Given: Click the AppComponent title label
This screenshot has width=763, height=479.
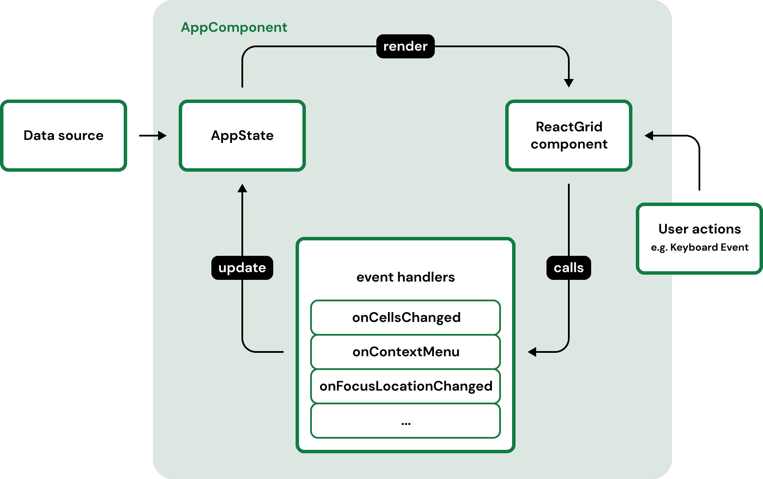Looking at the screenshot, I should coord(234,27).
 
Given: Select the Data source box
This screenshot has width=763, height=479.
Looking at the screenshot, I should coord(64,136).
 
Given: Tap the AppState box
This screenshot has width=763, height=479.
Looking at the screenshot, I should coord(242,136).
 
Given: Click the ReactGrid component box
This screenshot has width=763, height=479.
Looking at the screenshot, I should coord(568,136).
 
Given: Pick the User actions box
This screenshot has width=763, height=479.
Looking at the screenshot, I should coord(699,238).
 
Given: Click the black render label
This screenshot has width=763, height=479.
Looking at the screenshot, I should coord(405,46).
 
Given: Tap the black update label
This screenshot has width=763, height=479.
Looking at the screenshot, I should coord(242,268).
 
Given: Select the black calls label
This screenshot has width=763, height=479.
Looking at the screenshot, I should coord(568,268).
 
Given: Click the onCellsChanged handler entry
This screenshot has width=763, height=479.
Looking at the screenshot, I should coord(406,318).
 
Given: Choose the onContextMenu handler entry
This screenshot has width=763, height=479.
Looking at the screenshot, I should coord(406,352).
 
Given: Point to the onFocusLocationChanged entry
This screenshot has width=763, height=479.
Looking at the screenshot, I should coord(406,386).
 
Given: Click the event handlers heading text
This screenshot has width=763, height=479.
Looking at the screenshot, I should coord(406,277).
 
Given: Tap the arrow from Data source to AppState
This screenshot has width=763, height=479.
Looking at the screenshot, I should coord(153,136).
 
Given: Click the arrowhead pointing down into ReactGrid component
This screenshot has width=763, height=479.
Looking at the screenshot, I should coord(568,83).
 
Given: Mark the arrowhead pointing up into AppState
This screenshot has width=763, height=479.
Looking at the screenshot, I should coord(242,188).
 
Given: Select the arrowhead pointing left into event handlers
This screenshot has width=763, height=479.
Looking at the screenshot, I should coord(532,352).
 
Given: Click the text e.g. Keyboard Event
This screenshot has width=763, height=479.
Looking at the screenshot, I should coord(699,247).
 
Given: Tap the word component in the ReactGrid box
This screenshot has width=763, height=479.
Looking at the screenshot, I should coord(569,144).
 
